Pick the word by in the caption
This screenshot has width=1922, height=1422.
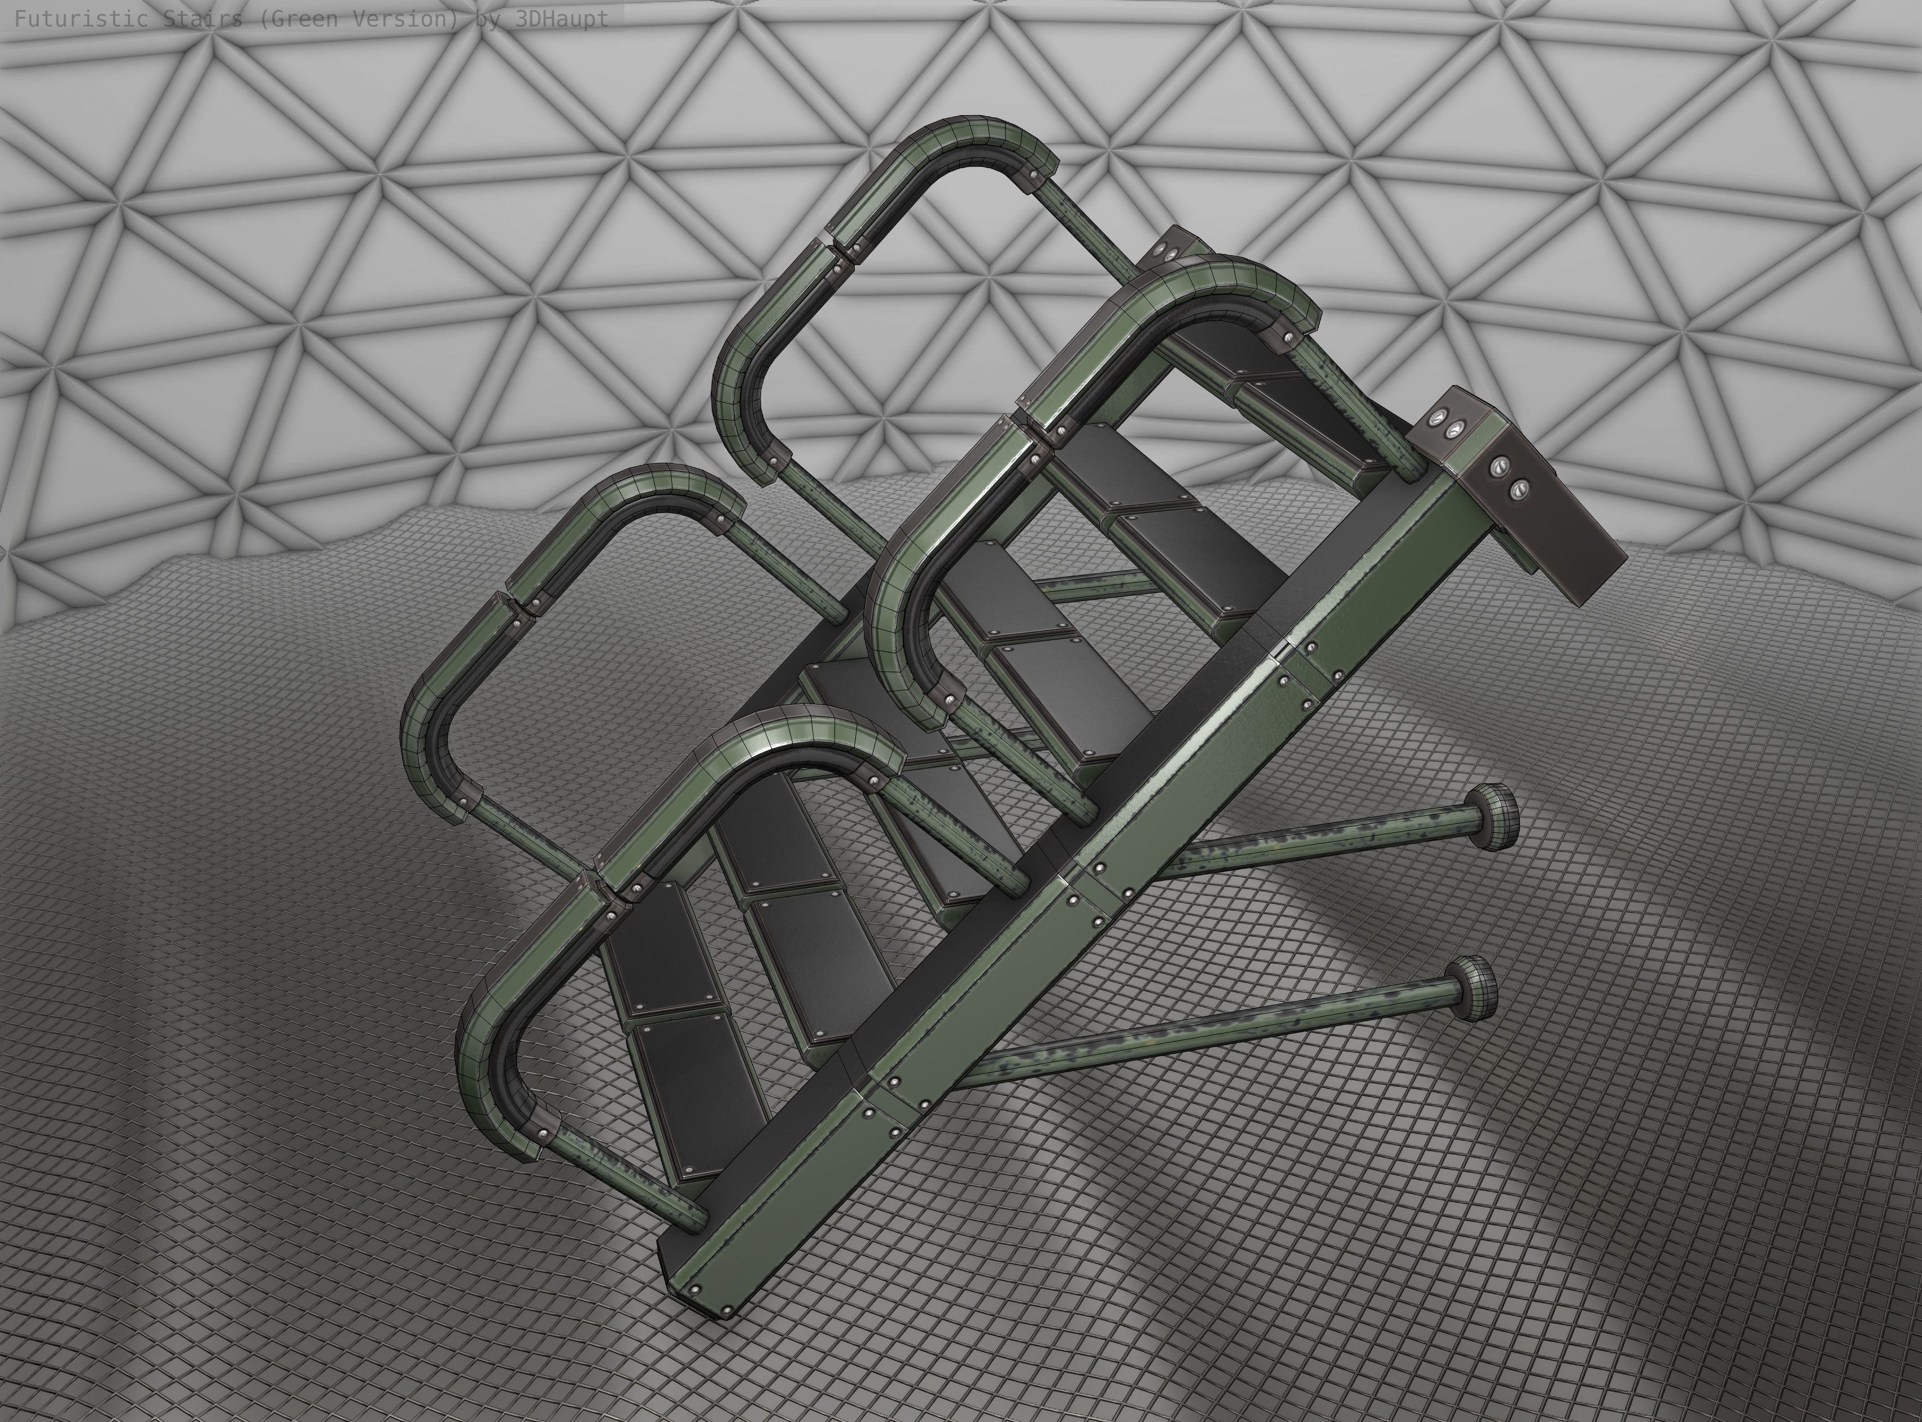coord(487,19)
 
